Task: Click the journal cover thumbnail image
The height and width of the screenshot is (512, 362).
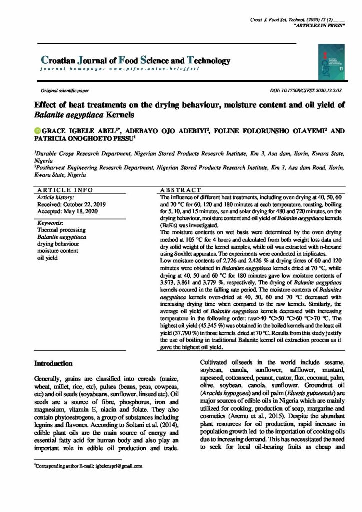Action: click(327, 61)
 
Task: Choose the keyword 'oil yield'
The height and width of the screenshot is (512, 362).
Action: click(48, 259)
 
